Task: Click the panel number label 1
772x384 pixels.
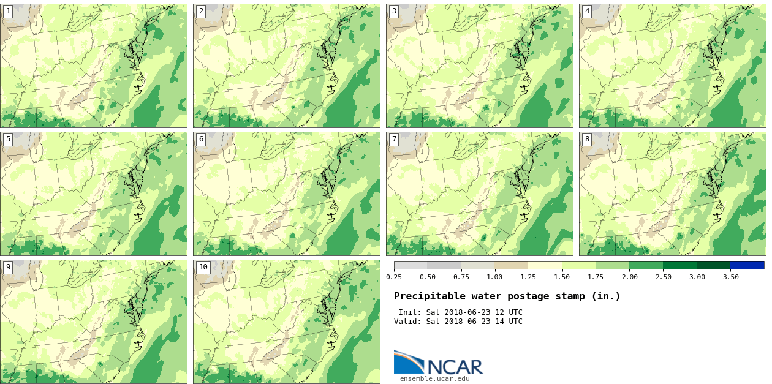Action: (8, 11)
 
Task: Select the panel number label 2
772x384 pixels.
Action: (201, 11)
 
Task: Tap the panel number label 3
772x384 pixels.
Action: (394, 11)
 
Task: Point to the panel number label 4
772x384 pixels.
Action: (587, 11)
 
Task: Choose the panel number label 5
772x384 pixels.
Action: (8, 139)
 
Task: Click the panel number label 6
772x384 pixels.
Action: (201, 139)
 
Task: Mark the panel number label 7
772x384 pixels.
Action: (394, 139)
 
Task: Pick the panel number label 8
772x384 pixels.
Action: (587, 139)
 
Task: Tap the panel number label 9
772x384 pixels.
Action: (8, 267)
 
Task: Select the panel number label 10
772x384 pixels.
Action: (203, 267)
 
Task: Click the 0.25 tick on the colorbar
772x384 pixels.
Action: (394, 277)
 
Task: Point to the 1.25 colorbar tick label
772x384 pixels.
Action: (528, 277)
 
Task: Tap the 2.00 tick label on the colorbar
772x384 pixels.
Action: (629, 277)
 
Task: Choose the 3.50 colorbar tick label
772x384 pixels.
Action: (730, 277)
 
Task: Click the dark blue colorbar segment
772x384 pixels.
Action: (747, 265)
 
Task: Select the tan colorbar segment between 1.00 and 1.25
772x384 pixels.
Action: (511, 265)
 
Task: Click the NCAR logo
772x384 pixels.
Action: (438, 363)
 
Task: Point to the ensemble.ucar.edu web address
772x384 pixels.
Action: (434, 378)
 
